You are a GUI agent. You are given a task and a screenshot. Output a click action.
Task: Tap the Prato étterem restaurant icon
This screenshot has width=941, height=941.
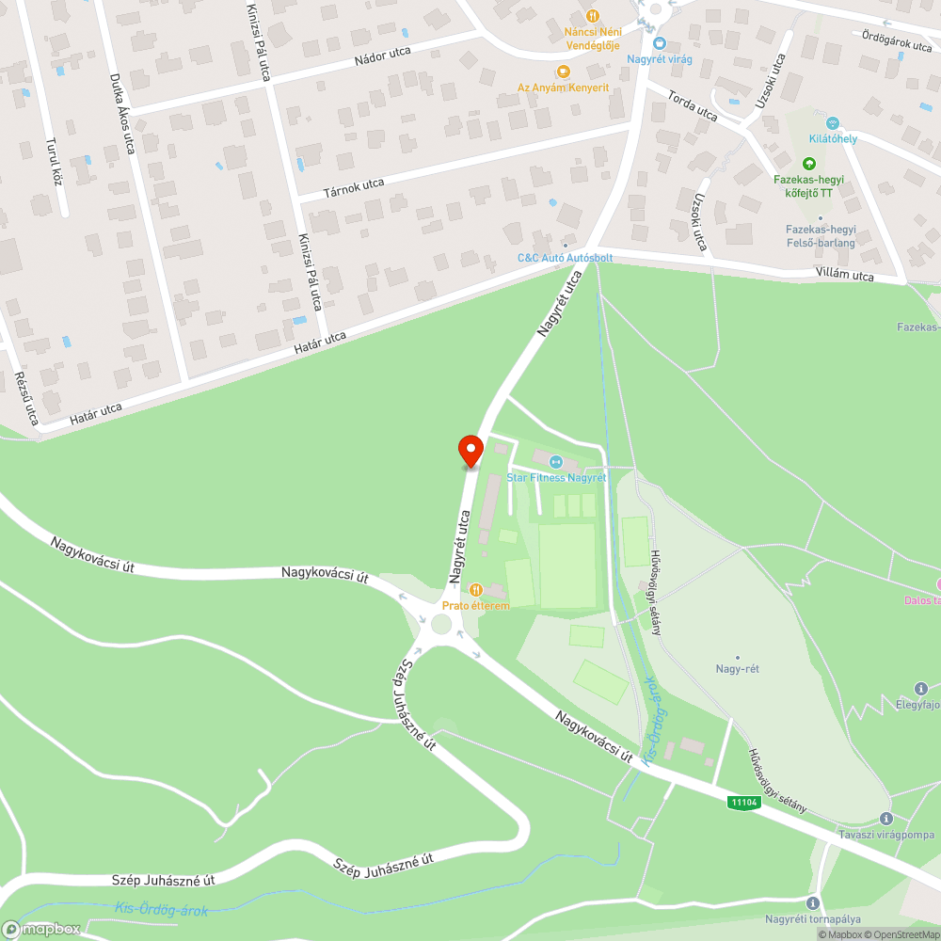click(x=476, y=590)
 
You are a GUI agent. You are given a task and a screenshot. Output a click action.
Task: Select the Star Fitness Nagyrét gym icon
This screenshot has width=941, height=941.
click(x=556, y=462)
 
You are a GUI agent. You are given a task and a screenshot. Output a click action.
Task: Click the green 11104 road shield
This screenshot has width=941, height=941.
click(x=743, y=802)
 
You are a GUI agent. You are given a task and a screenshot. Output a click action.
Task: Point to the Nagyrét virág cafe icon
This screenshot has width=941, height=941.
click(x=660, y=43)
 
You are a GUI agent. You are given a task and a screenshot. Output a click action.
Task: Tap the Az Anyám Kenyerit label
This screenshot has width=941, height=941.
click(x=563, y=88)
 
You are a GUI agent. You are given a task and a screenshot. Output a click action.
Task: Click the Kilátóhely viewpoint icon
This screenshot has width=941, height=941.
click(x=832, y=123)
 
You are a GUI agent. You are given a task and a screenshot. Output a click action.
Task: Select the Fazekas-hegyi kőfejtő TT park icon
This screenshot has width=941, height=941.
click(x=809, y=164)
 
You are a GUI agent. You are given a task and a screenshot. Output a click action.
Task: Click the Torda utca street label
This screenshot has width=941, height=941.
click(x=693, y=105)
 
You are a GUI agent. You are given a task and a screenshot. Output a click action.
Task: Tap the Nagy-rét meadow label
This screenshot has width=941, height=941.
click(x=737, y=669)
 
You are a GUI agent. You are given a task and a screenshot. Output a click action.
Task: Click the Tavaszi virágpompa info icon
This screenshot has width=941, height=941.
click(x=885, y=819)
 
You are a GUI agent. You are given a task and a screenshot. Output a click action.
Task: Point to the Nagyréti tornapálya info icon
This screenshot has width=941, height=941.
click(x=813, y=902)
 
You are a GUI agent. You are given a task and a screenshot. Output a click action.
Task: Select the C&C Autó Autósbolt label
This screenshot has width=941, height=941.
click(x=565, y=257)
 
